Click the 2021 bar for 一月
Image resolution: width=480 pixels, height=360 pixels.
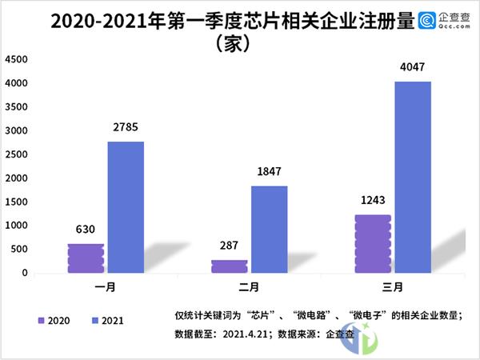tap(126, 207)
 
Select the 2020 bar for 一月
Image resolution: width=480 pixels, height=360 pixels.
tap(86, 258)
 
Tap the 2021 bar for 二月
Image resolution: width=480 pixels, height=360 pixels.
tap(269, 230)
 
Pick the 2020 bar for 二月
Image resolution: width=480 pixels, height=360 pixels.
tap(229, 266)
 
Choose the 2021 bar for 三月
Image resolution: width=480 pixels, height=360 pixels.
tap(413, 177)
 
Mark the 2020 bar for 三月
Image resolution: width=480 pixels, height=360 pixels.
tap(373, 243)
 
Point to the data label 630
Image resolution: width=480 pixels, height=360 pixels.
tap(86, 228)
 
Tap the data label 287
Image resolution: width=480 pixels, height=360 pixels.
tap(229, 244)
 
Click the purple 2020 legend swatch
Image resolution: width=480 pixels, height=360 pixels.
tap(41, 320)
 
